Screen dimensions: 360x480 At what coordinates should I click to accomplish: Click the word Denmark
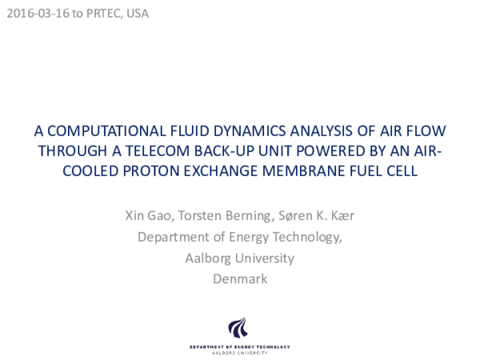[x=240, y=279]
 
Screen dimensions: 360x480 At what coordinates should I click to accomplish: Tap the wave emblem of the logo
[x=238, y=328]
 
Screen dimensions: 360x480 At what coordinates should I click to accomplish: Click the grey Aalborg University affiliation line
[x=240, y=258]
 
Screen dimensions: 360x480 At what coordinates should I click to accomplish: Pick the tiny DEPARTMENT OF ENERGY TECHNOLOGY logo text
[x=240, y=346]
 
